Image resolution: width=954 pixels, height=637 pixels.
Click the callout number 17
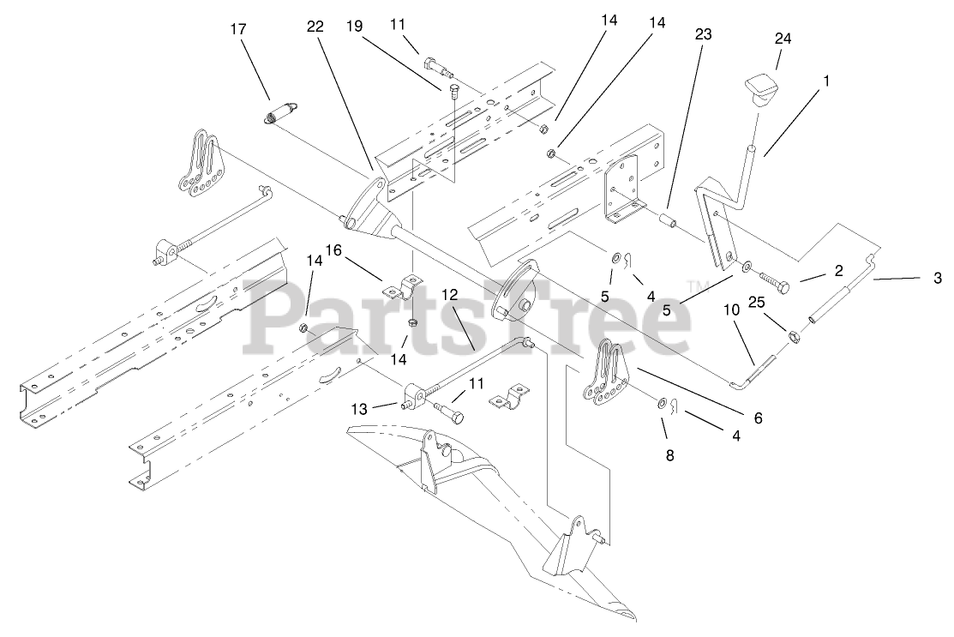pos(238,29)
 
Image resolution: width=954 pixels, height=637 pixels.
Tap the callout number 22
pos(315,27)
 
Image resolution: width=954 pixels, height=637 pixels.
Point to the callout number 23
pos(703,34)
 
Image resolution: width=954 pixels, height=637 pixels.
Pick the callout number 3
pos(938,278)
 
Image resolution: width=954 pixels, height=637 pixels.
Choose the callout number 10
pos(731,309)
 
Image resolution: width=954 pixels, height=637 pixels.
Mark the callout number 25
pos(755,302)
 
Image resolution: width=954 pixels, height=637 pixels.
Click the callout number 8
pos(669,454)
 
